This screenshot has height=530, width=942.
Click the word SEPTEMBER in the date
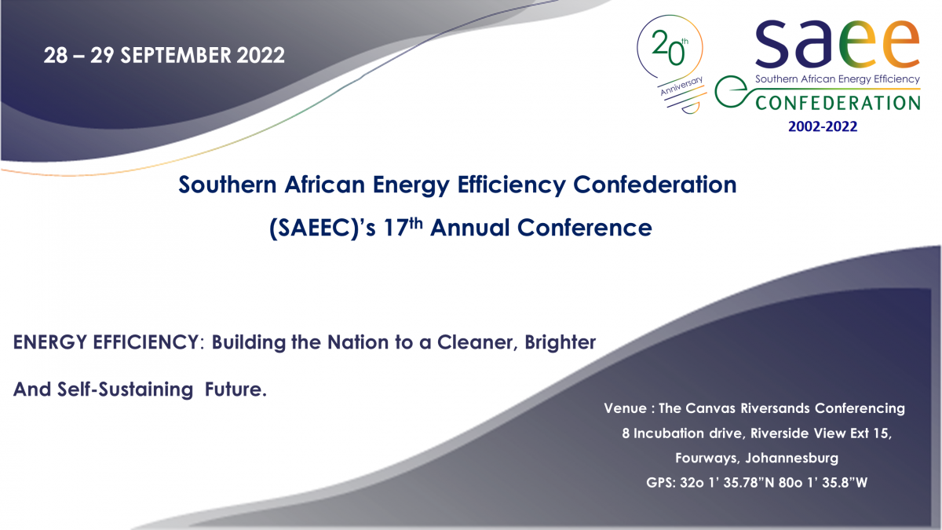point(176,56)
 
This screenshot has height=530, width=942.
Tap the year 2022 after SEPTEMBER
point(261,56)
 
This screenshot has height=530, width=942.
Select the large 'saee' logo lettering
point(838,44)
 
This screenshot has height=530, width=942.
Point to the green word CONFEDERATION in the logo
point(838,103)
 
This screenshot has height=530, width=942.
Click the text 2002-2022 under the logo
point(823,126)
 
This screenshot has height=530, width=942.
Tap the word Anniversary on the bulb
point(681,86)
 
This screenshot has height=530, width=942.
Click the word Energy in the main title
point(411,185)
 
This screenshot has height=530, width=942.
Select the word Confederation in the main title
point(655,185)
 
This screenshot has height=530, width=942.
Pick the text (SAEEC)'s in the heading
point(322,228)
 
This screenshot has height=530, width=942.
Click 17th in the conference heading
point(403,227)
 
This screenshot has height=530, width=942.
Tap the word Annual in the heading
point(469,228)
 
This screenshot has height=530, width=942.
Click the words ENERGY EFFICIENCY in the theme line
point(105,342)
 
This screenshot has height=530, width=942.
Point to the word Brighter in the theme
point(560,342)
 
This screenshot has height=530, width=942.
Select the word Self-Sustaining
point(125,389)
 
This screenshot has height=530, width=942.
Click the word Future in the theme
point(232,389)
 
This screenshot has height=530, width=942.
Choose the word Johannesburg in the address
point(791,458)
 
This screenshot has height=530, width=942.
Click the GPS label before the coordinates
point(661,482)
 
